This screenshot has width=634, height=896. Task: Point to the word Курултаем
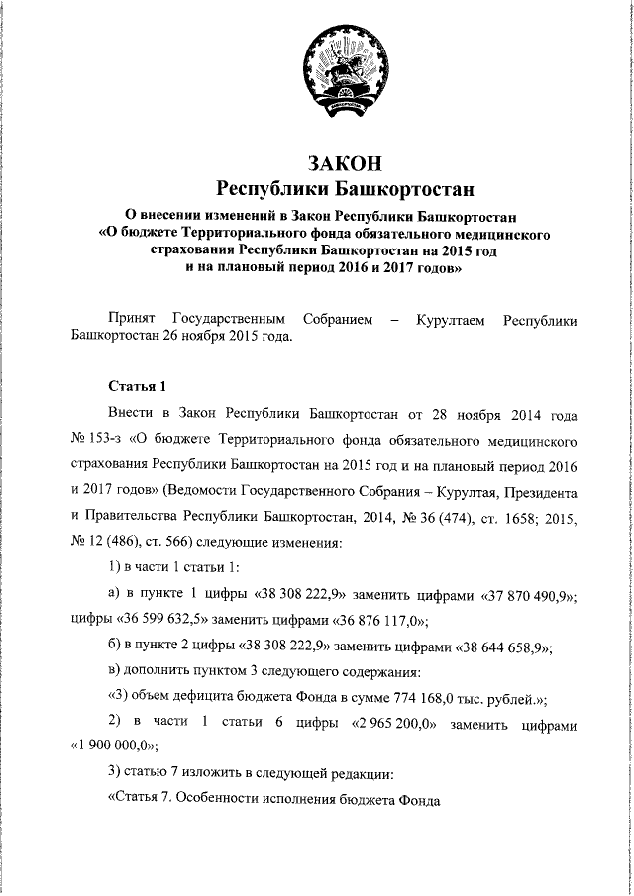451,319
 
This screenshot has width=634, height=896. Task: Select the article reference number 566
192,543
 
